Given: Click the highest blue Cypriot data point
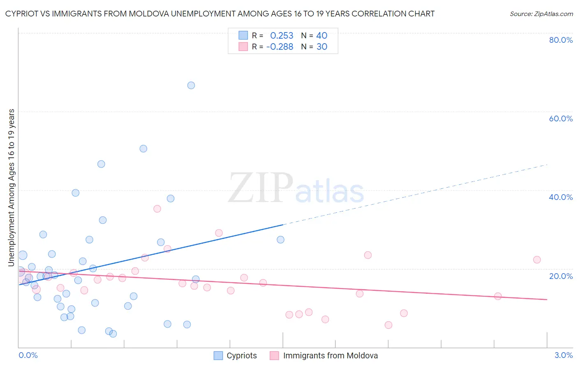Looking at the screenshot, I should [191, 86].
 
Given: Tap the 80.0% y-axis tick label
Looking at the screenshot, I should [561, 40].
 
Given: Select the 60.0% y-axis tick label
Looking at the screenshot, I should [561, 118].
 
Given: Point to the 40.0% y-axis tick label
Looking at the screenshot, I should [561, 197].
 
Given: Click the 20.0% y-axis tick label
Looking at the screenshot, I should [561, 276].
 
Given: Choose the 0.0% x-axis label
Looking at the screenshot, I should [28, 355].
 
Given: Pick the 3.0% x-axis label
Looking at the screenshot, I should [564, 355].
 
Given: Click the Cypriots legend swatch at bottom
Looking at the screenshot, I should [218, 355].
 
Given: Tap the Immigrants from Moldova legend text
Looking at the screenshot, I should [330, 355].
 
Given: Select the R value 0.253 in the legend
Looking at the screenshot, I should [282, 36].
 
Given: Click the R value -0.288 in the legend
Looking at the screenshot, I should [280, 47].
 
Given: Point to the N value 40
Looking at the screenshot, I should [321, 36].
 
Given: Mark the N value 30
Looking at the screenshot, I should [321, 47].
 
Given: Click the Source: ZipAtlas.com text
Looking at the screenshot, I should [541, 14].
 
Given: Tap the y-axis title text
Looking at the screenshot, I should [12, 188].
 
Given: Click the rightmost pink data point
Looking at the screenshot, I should [537, 260].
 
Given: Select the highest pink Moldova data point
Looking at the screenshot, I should [157, 209].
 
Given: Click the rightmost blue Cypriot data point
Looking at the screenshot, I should [281, 239].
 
